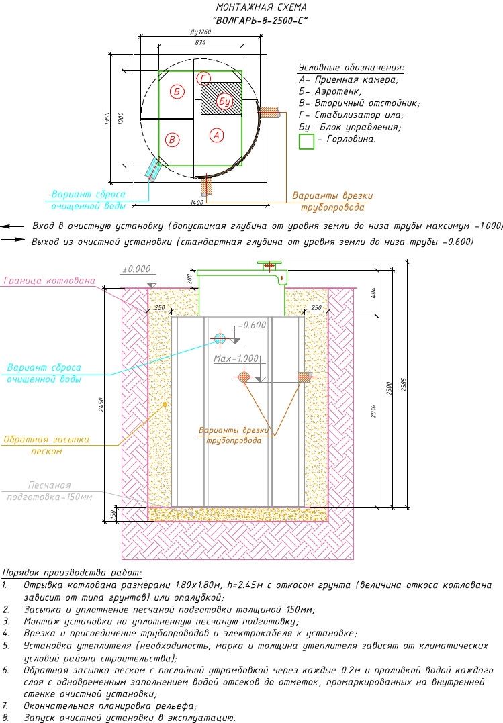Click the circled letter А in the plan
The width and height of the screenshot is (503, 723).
click(x=216, y=135)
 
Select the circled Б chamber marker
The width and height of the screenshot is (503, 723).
click(x=177, y=91)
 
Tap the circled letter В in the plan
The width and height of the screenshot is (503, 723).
click(x=172, y=139)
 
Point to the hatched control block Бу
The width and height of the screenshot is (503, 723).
click(x=222, y=99)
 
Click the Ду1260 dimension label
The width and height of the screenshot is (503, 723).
click(x=200, y=32)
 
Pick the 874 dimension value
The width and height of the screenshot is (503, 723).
click(x=200, y=42)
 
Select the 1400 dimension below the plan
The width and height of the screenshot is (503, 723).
click(x=197, y=203)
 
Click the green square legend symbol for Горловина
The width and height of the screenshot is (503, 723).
click(x=306, y=141)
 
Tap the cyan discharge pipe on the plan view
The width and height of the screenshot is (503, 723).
click(x=152, y=170)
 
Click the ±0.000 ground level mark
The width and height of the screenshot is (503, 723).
click(x=136, y=269)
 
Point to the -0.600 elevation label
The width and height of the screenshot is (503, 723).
click(x=253, y=325)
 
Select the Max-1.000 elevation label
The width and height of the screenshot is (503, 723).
click(x=236, y=358)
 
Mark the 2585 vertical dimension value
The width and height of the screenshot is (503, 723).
click(x=404, y=385)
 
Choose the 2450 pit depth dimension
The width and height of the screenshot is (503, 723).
click(x=101, y=404)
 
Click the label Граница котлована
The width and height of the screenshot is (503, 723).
click(x=50, y=281)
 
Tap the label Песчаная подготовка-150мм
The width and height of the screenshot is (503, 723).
click(x=50, y=491)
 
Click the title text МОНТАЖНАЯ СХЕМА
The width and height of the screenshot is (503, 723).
click(x=261, y=7)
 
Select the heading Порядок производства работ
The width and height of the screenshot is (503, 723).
click(x=72, y=573)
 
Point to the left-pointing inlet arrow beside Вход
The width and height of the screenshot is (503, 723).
click(x=13, y=226)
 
